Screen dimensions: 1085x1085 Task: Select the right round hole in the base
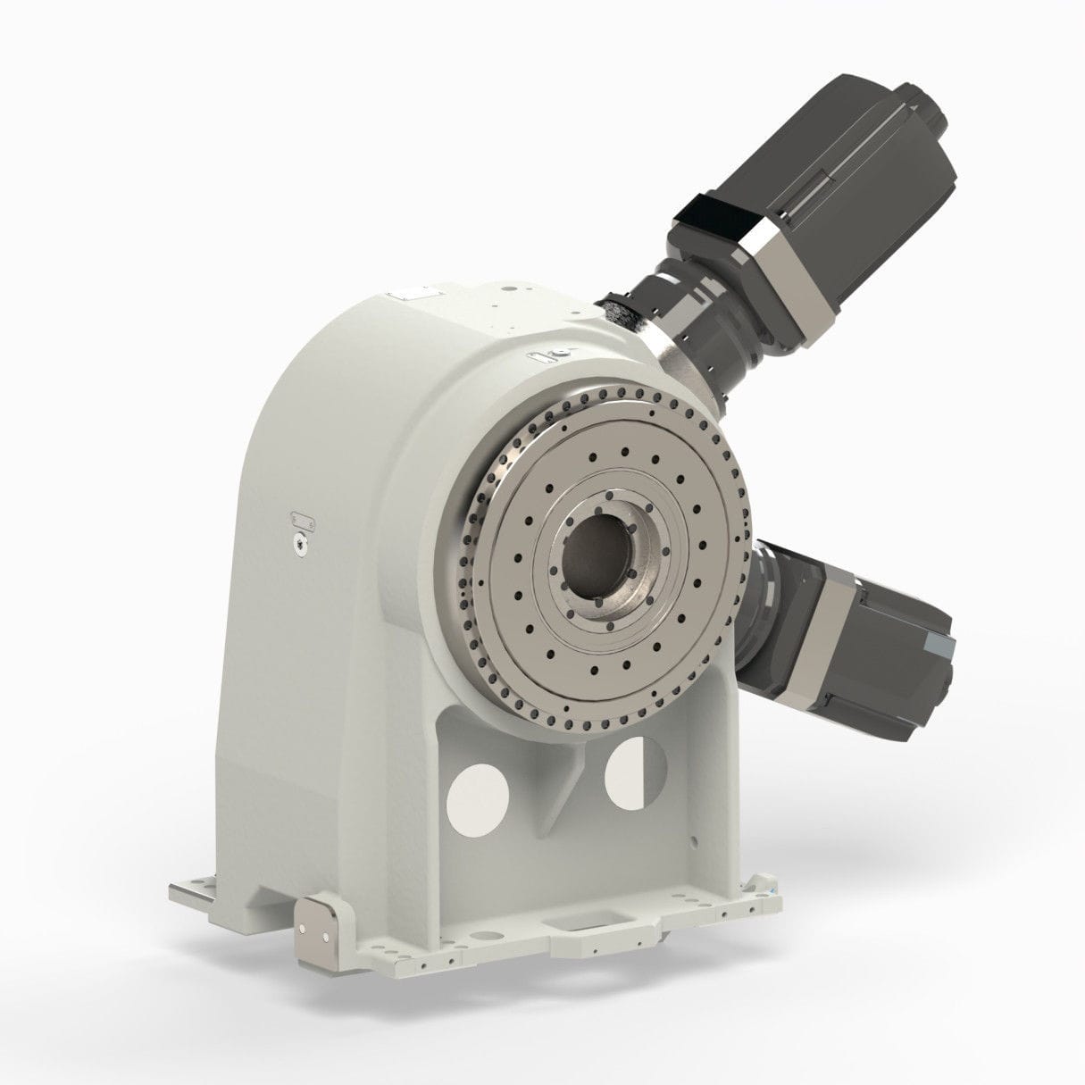click(636, 772)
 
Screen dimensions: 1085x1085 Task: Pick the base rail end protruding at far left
click(188, 894)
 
